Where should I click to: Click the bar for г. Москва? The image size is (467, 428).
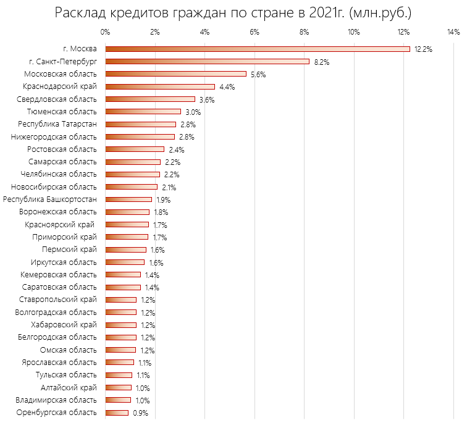(x=258, y=49)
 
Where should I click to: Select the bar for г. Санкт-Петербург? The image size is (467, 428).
(x=208, y=61)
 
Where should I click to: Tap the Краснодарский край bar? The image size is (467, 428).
(x=160, y=86)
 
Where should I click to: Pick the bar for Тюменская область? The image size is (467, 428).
(x=143, y=112)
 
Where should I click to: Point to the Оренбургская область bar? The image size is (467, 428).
(x=117, y=413)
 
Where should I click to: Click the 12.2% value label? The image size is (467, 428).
(x=423, y=49)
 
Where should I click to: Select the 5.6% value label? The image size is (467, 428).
(x=258, y=74)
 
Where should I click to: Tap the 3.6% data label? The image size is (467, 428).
(x=206, y=99)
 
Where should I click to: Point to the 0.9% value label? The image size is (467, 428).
(x=140, y=413)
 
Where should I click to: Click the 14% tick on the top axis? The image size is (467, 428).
(x=453, y=32)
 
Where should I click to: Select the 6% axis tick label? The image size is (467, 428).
(x=254, y=32)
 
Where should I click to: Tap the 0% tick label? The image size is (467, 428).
(x=105, y=32)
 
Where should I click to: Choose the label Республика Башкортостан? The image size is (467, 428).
(x=50, y=199)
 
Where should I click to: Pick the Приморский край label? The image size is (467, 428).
(x=64, y=237)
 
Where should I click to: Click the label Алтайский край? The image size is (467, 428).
(x=68, y=387)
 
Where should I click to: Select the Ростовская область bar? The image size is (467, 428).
(x=135, y=149)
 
